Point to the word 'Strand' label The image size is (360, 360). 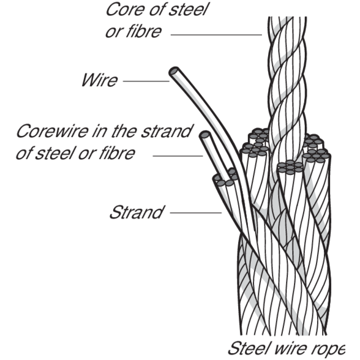(x=135, y=213)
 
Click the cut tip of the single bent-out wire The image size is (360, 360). (x=174, y=72)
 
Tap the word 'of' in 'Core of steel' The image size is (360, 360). (x=154, y=10)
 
